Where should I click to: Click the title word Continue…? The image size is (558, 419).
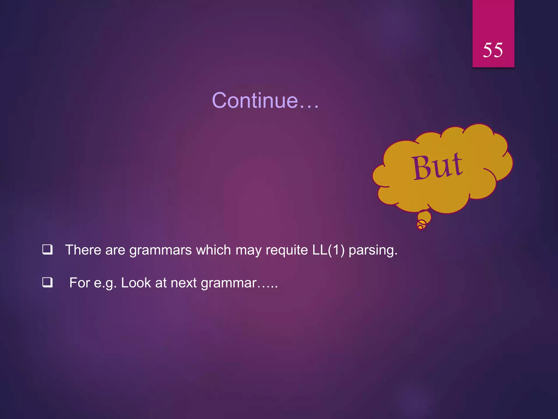pyautogui.click(x=265, y=100)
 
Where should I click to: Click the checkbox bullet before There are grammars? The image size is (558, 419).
pyautogui.click(x=47, y=250)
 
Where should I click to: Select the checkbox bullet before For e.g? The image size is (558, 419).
pyautogui.click(x=47, y=282)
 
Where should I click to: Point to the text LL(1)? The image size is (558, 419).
pyautogui.click(x=328, y=250)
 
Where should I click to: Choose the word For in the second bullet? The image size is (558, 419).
pyautogui.click(x=80, y=283)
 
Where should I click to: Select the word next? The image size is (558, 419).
pyautogui.click(x=184, y=283)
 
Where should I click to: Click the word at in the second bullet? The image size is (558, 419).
pyautogui.click(x=161, y=283)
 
